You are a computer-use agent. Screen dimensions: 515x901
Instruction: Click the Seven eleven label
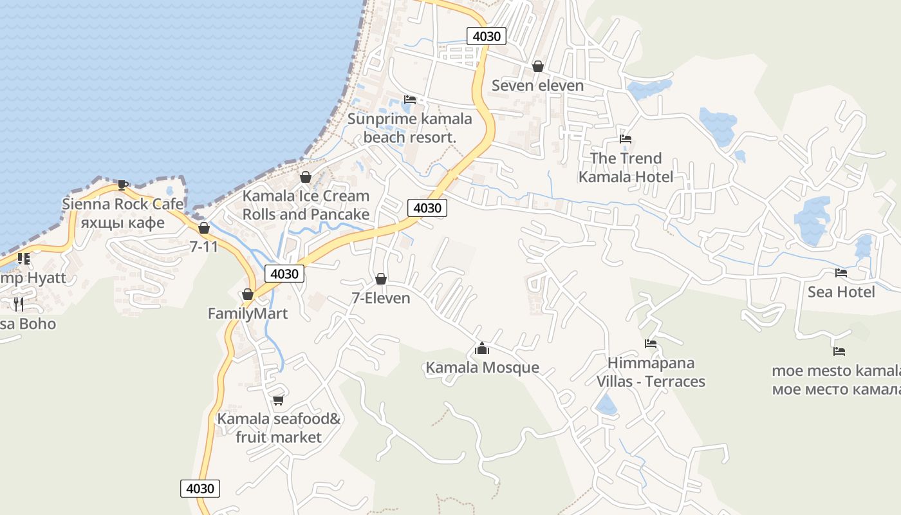(x=537, y=86)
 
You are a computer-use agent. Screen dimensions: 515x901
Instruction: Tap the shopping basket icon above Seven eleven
(x=538, y=66)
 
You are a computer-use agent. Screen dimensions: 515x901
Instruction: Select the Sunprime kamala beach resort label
(x=410, y=128)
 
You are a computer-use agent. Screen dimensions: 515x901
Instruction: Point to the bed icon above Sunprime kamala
(x=410, y=100)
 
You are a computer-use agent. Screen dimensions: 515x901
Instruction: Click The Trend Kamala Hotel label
(x=626, y=167)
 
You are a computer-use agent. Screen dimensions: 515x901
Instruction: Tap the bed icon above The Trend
(x=626, y=139)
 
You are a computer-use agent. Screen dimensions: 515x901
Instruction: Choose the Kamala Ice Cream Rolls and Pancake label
(x=306, y=205)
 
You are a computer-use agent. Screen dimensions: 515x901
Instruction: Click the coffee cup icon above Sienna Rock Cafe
(x=123, y=185)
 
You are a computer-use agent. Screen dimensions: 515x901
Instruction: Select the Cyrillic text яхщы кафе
(x=122, y=223)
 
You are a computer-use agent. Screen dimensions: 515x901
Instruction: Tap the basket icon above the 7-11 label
(x=204, y=228)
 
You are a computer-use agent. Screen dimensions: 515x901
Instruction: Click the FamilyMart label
(x=247, y=314)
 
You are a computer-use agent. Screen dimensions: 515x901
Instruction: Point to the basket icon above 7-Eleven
(x=381, y=279)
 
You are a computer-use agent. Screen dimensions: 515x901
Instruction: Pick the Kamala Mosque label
(x=482, y=368)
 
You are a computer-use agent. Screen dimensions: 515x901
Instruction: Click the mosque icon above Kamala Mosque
(x=482, y=349)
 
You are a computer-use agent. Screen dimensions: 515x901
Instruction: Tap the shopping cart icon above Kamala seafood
(x=278, y=400)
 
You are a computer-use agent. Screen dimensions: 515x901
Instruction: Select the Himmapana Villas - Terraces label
(x=651, y=372)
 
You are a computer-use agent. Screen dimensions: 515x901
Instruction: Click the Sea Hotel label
(x=841, y=292)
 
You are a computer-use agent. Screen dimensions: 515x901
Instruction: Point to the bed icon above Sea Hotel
(x=841, y=273)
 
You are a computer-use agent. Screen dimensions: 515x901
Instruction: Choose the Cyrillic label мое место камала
(x=837, y=389)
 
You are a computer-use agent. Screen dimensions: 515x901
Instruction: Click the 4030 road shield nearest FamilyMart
(x=284, y=274)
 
